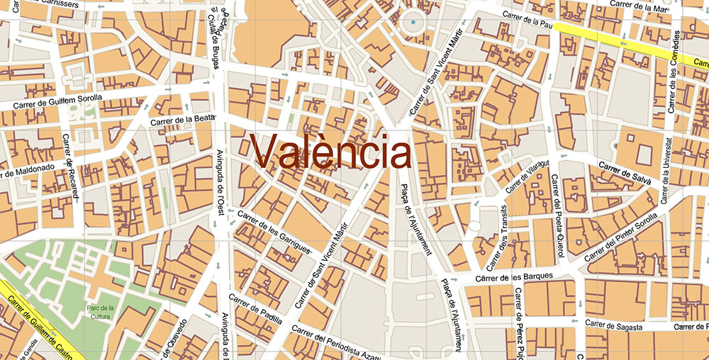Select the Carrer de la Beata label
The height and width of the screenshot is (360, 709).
point(182,120)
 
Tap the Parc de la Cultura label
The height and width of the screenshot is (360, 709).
point(101,313)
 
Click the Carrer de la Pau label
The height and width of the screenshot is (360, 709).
point(527,17)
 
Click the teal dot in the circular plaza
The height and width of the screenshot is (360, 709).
point(413,23)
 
